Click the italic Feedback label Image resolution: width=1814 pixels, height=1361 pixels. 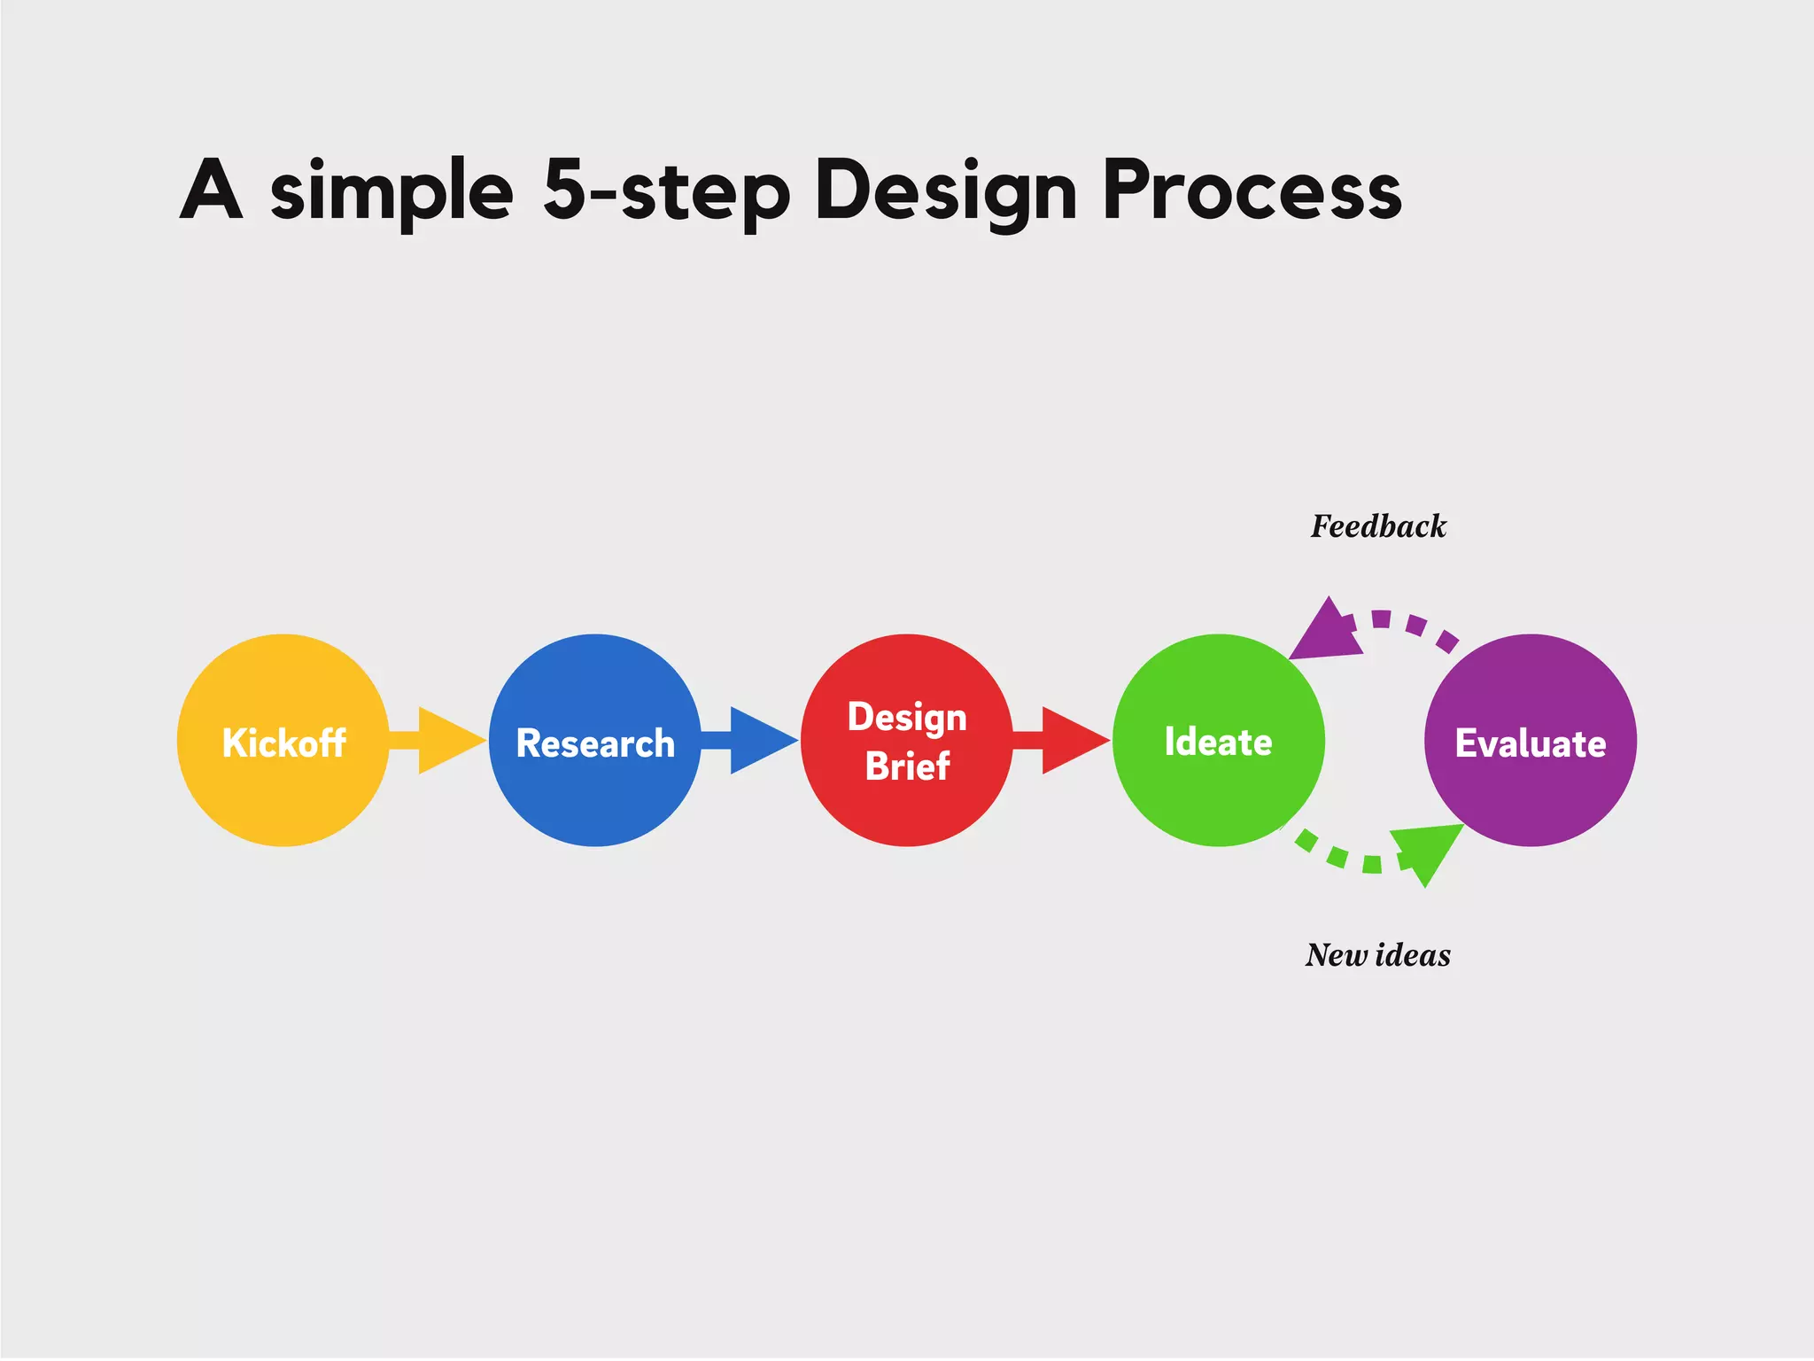tap(1378, 526)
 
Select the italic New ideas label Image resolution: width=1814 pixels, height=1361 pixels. tap(1377, 955)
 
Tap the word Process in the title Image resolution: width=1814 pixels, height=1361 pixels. tap(1252, 190)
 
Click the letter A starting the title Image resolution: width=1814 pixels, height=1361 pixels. tap(212, 190)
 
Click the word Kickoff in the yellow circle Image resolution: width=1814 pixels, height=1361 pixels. tap(283, 743)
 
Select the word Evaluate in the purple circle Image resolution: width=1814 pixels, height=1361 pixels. tap(1530, 743)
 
